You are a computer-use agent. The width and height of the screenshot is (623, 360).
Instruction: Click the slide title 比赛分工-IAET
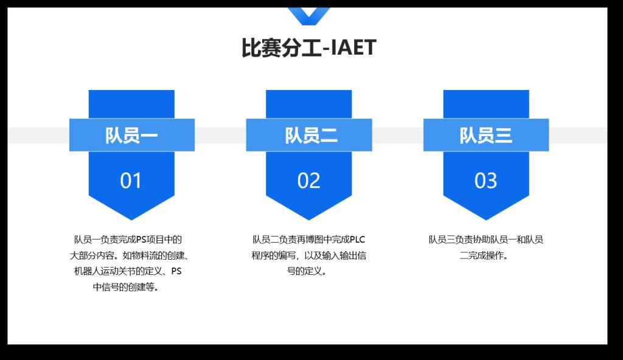click(308, 47)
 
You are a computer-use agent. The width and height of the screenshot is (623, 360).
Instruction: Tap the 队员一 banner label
click(131, 136)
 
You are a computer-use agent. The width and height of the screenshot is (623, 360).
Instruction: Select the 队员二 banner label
click(311, 136)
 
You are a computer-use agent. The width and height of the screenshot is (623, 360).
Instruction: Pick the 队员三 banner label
click(486, 136)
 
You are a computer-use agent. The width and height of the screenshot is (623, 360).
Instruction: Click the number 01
click(131, 181)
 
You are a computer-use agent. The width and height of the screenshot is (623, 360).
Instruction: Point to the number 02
click(308, 181)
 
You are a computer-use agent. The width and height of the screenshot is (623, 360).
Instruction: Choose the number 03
click(486, 181)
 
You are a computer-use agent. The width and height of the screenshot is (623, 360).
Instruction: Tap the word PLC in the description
click(357, 240)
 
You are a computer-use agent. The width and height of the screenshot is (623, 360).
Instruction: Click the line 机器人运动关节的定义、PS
click(128, 271)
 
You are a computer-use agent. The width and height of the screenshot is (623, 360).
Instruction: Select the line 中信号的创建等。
click(126, 287)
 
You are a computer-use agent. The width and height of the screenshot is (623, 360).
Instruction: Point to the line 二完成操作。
click(484, 255)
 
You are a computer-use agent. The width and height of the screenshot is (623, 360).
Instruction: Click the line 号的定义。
click(307, 271)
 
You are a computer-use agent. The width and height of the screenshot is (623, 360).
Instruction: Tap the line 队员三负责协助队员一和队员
click(486, 240)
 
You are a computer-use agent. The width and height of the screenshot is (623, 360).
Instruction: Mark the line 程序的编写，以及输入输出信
click(308, 255)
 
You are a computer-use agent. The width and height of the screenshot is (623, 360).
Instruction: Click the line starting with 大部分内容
click(130, 255)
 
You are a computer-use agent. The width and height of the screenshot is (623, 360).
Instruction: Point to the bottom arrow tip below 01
click(131, 220)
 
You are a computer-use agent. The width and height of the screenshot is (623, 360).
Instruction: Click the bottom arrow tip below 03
click(486, 220)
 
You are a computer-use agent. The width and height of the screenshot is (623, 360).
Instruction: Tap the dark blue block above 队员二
click(308, 104)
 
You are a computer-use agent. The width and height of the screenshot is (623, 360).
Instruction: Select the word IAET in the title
click(353, 47)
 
